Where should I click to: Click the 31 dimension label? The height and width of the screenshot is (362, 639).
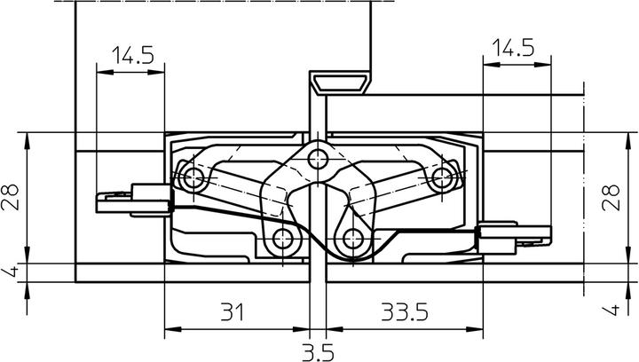click(233, 312)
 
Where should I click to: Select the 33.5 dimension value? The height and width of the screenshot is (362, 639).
click(405, 312)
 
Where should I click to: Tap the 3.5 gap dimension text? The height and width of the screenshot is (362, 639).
click(318, 352)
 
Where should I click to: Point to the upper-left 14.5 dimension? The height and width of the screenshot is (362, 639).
click(133, 55)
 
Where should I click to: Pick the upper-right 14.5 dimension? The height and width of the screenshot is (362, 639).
click(513, 48)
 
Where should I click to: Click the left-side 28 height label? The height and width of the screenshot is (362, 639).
click(10, 197)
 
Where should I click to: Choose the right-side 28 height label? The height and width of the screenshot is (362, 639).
click(611, 198)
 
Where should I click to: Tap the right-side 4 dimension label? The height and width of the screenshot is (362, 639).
click(611, 310)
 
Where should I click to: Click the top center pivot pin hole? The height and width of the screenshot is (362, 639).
click(318, 159)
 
